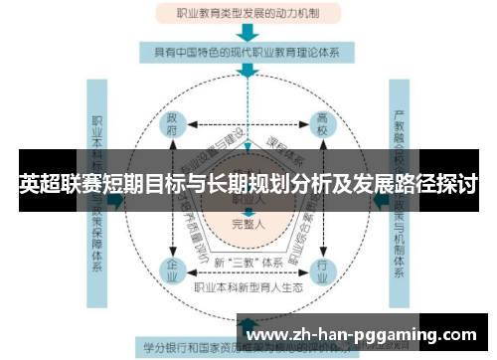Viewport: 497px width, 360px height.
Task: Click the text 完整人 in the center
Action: [x=245, y=224]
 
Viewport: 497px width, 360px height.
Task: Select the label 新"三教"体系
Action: [x=245, y=263]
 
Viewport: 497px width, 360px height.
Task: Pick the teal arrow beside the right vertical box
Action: [x=378, y=199]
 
